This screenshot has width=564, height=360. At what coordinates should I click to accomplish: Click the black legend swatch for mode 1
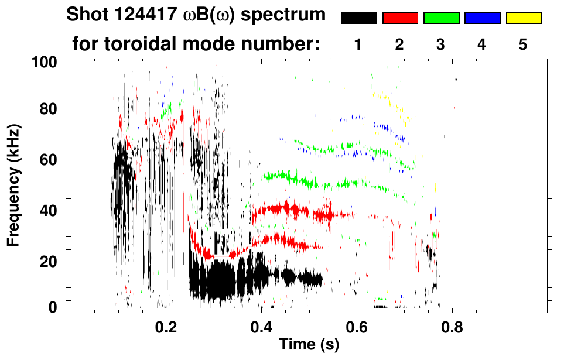tap(359, 18)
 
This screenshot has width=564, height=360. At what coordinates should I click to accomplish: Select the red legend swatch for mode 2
tap(400, 18)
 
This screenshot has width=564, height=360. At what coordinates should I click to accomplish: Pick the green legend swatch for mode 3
tap(441, 18)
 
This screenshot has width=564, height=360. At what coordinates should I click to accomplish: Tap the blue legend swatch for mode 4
tap(482, 18)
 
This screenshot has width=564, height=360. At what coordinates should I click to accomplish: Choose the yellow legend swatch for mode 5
tap(523, 18)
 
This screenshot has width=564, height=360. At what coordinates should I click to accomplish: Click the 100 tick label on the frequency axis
tap(45, 60)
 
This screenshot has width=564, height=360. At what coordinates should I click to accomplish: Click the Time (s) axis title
tap(309, 345)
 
